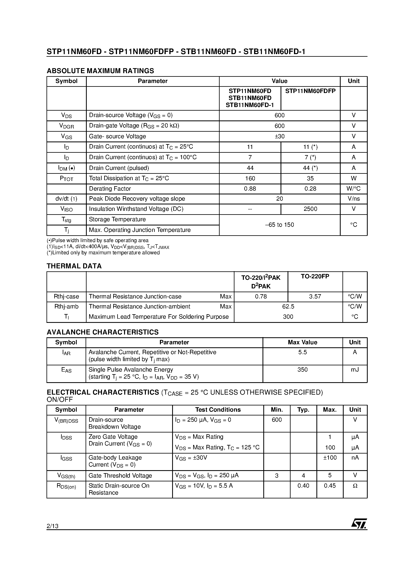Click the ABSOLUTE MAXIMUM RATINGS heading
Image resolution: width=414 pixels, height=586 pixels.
(x=100, y=71)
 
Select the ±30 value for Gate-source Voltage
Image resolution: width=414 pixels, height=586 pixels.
(x=280, y=136)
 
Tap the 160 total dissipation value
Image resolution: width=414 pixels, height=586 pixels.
(x=250, y=178)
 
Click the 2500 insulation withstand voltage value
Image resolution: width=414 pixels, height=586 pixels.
(x=310, y=209)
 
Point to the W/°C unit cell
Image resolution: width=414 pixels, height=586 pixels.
(x=353, y=189)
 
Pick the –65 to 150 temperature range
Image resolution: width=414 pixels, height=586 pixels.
(x=280, y=225)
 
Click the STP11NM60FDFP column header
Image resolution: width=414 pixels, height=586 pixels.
(x=310, y=91)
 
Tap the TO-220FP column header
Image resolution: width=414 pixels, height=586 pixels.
(x=315, y=276)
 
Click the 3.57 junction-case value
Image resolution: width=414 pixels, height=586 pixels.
(x=315, y=297)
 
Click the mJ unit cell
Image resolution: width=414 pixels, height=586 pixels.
(x=354, y=370)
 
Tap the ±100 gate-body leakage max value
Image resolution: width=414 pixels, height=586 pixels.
(x=330, y=458)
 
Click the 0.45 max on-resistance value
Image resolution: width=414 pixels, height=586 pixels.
(x=330, y=486)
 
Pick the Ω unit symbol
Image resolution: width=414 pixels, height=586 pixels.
(x=355, y=486)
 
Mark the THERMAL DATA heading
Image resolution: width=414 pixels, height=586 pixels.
(x=74, y=266)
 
